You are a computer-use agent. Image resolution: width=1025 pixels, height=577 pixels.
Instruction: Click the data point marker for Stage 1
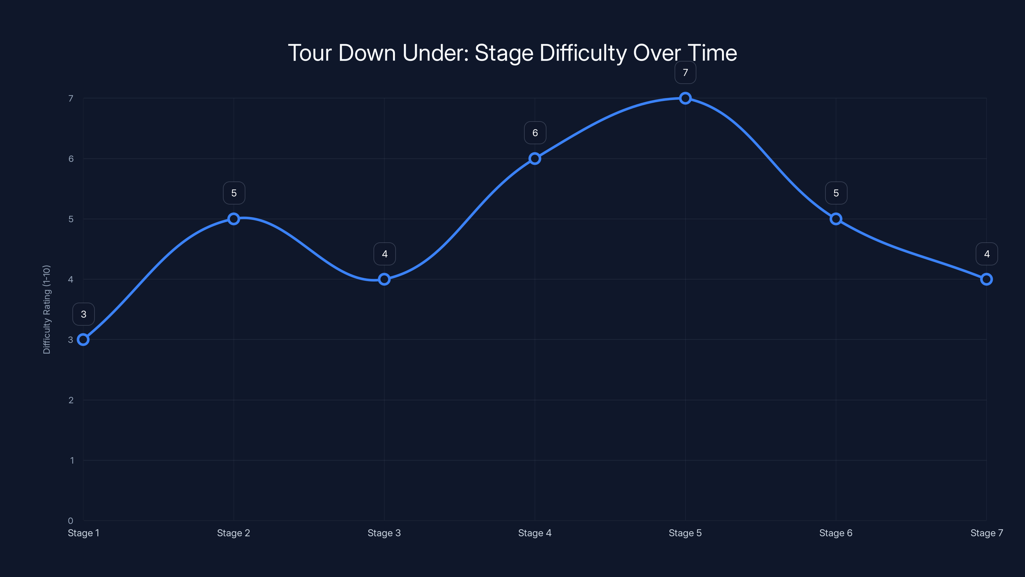pyautogui.click(x=83, y=340)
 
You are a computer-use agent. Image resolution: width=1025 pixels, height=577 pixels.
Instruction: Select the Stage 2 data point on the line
pyautogui.click(x=234, y=219)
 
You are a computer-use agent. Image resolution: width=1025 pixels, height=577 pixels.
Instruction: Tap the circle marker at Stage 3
pyautogui.click(x=384, y=279)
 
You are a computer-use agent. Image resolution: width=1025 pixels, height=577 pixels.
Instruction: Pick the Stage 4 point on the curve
pyautogui.click(x=535, y=158)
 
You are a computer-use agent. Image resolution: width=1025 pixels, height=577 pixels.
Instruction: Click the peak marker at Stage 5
pyautogui.click(x=685, y=98)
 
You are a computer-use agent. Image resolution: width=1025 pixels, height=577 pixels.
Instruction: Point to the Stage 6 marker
pyautogui.click(x=836, y=219)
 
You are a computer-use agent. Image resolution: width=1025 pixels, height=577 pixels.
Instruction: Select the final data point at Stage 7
pyautogui.click(x=987, y=279)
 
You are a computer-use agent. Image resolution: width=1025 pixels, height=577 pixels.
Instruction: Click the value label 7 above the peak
pyautogui.click(x=685, y=72)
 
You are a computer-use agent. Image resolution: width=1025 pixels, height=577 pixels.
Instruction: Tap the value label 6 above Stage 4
pyautogui.click(x=535, y=133)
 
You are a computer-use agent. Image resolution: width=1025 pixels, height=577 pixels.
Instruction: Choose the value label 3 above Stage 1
pyautogui.click(x=84, y=314)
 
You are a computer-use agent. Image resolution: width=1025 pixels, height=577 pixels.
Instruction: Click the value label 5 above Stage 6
pyautogui.click(x=836, y=193)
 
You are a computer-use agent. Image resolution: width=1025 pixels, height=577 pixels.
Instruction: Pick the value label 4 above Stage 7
pyautogui.click(x=987, y=254)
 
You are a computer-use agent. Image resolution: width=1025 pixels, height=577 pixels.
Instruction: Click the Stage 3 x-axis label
pyautogui.click(x=384, y=533)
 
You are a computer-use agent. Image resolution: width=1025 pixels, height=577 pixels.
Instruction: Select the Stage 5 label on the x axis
pyautogui.click(x=685, y=533)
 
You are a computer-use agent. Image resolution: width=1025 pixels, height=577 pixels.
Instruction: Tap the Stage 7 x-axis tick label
pyautogui.click(x=987, y=533)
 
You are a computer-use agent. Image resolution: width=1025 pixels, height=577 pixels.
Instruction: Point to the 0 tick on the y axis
pyautogui.click(x=70, y=521)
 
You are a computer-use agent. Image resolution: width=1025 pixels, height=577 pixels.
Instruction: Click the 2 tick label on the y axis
pyautogui.click(x=71, y=400)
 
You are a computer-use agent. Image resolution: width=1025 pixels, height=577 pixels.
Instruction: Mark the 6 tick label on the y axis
pyautogui.click(x=71, y=159)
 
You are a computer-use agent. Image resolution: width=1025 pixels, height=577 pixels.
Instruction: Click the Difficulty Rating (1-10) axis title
pyautogui.click(x=46, y=309)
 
